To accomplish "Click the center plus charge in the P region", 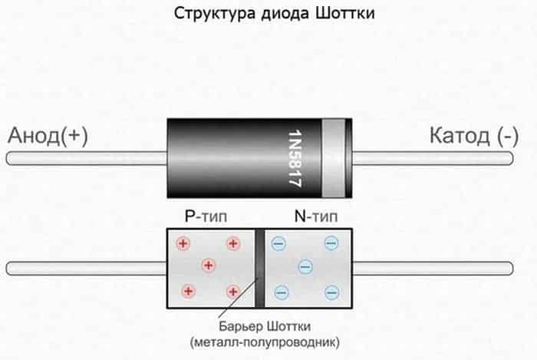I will tap(207, 266).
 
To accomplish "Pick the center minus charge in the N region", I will tap(305, 267).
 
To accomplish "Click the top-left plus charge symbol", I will tap(183, 244).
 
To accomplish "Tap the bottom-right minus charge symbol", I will tap(331, 292).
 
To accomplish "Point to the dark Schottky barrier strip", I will tap(259, 253).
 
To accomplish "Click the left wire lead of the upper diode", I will tap(84, 158).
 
